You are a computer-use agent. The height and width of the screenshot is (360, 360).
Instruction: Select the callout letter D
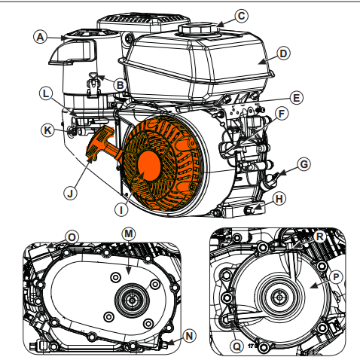pos(282,53)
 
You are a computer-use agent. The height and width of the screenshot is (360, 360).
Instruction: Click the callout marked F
pos(282,114)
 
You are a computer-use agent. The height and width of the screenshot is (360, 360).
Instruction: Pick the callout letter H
pos(281,199)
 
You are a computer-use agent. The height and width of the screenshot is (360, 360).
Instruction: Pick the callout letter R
pos(321,236)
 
